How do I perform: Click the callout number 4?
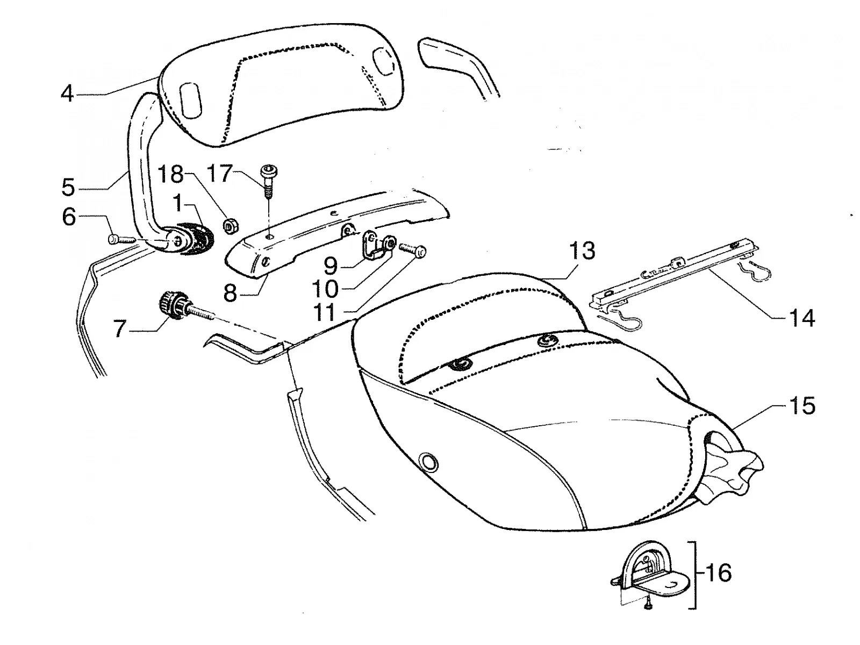(x=67, y=94)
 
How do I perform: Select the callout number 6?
(x=69, y=217)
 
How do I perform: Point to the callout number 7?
(x=119, y=328)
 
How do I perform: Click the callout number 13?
(x=582, y=250)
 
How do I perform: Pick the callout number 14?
(x=801, y=318)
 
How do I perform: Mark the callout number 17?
(x=219, y=174)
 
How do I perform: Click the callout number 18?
(x=171, y=174)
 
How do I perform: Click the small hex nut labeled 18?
(x=229, y=226)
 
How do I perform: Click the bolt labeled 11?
(x=413, y=250)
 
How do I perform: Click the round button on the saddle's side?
(x=428, y=462)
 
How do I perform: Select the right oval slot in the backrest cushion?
(x=381, y=59)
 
